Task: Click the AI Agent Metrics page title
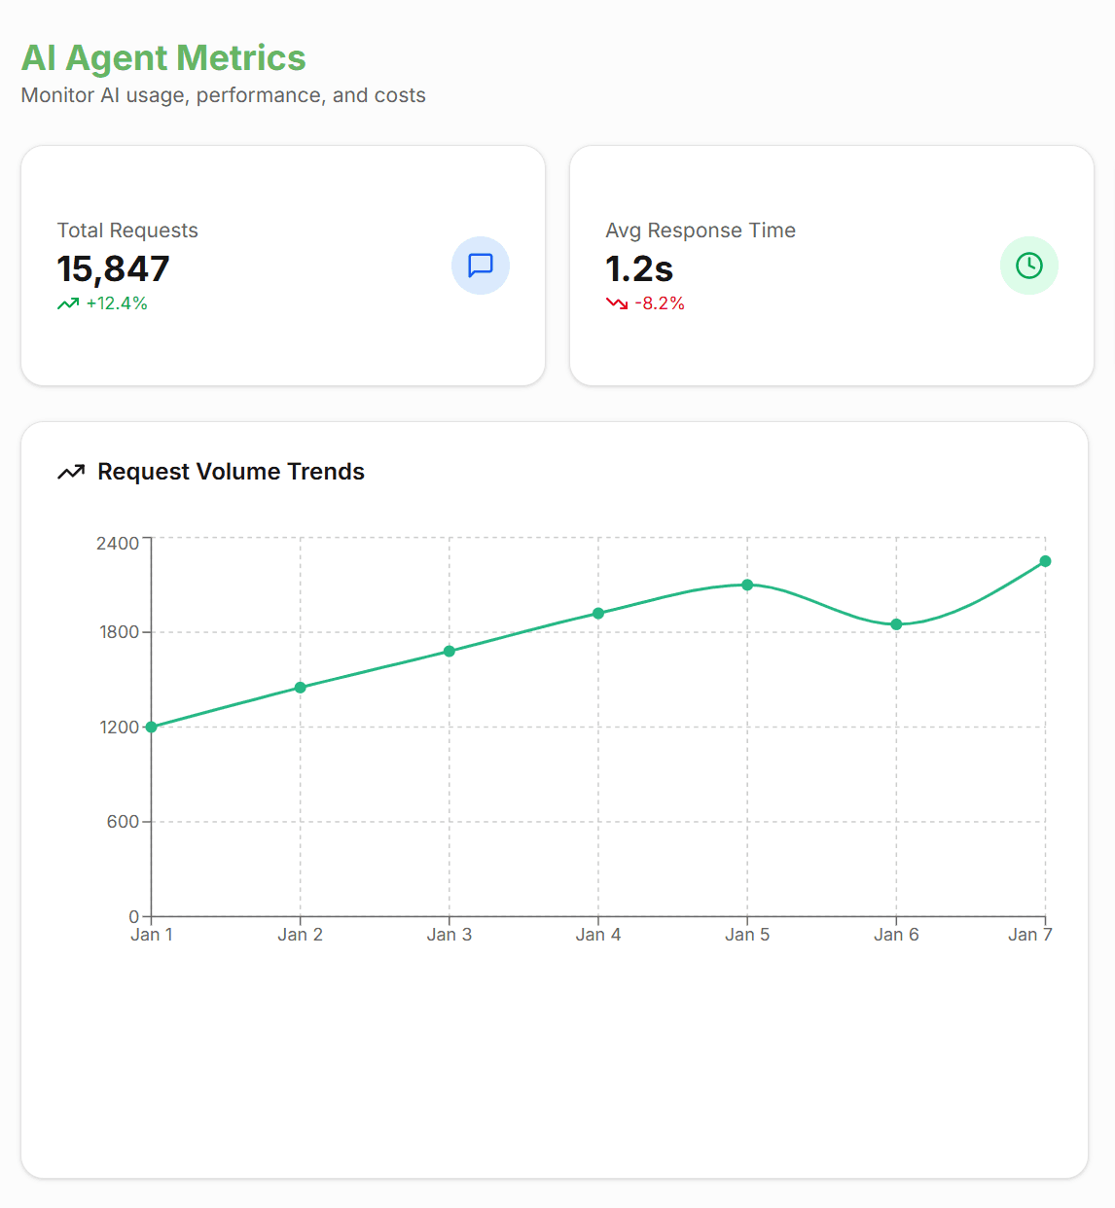163,58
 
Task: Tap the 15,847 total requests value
113,268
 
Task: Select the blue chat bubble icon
481,266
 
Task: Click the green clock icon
1028,266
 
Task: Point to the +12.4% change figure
117,303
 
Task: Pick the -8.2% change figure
660,303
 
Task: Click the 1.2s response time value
639,268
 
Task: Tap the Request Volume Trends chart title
231,472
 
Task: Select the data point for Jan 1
152,727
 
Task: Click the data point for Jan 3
450,651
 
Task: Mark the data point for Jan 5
747,585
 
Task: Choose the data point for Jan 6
896,624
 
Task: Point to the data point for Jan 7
1045,561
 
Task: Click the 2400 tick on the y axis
118,543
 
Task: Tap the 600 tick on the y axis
123,822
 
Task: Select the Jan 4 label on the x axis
597,935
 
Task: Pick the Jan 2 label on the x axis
300,935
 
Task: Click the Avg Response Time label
701,231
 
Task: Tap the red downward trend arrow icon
617,303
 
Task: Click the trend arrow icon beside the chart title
71,473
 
